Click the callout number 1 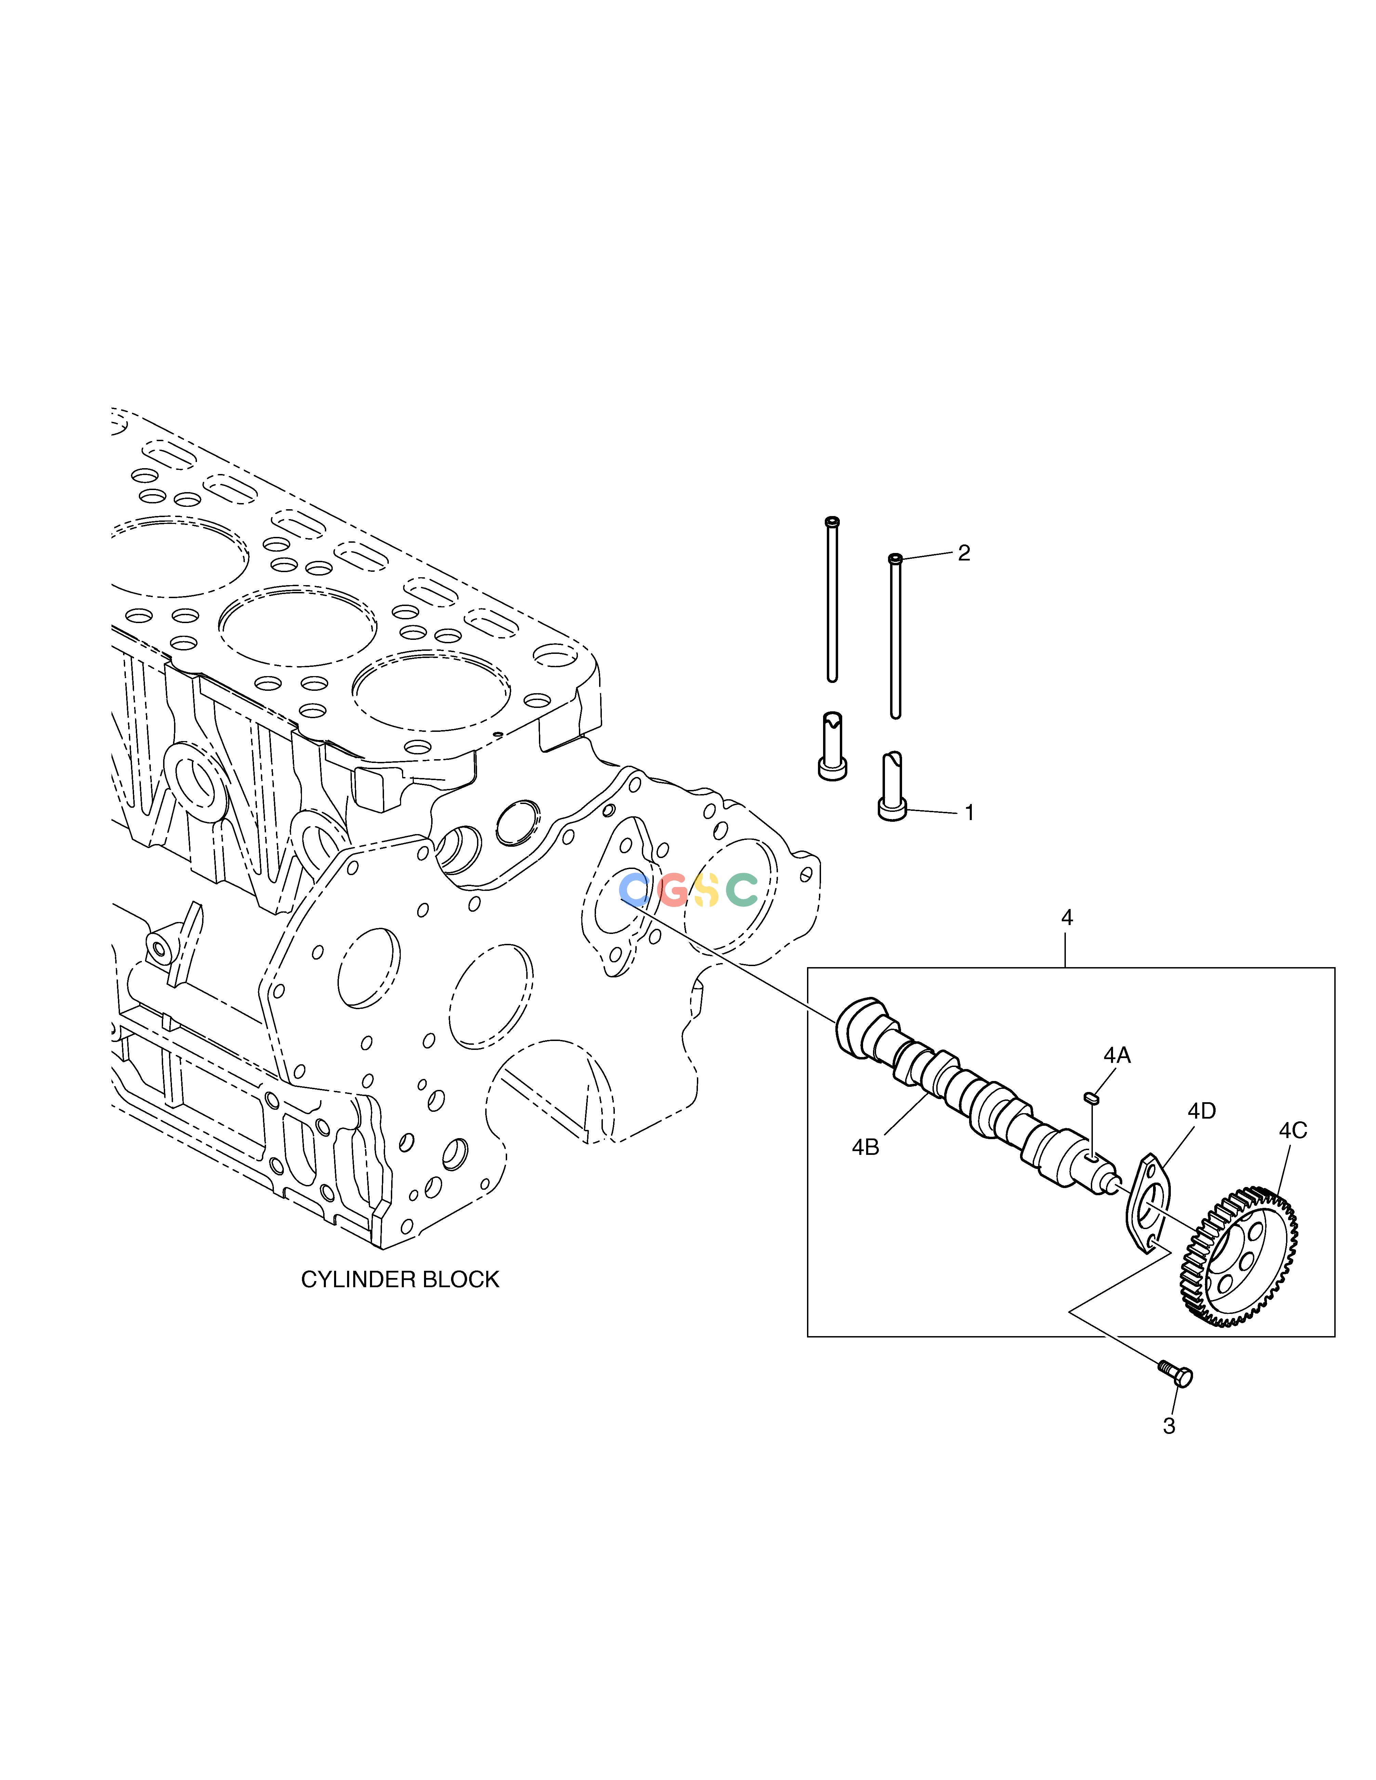point(969,813)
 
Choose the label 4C point(1293,1131)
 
